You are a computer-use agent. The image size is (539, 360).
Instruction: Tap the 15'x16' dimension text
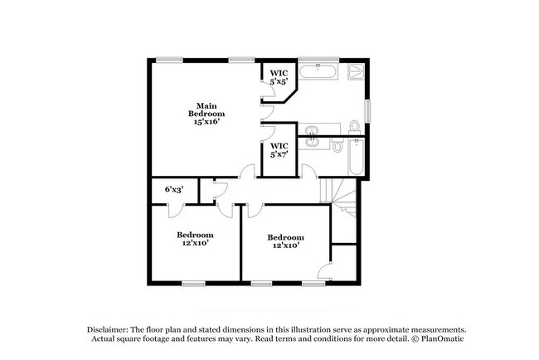click(206, 121)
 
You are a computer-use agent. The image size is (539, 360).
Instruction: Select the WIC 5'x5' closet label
click(279, 77)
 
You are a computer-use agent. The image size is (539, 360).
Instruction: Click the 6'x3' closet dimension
click(173, 190)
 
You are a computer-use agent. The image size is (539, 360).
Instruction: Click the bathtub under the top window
click(318, 72)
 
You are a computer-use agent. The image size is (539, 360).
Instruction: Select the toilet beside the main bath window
click(354, 126)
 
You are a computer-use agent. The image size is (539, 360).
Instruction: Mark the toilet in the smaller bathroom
click(337, 147)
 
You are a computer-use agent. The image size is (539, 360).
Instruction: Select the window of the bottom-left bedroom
click(193, 283)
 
